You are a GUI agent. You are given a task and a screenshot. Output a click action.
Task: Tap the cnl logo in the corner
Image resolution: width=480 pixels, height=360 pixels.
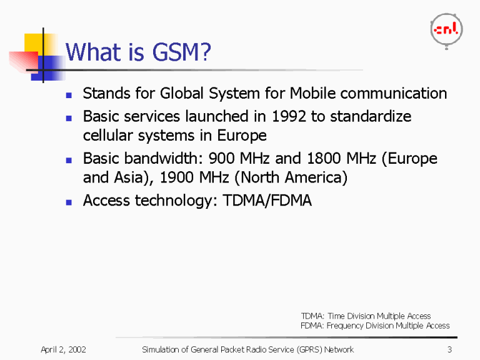[446, 29]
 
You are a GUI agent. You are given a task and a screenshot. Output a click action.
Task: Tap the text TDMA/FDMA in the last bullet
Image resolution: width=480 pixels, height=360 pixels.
[267, 201]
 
